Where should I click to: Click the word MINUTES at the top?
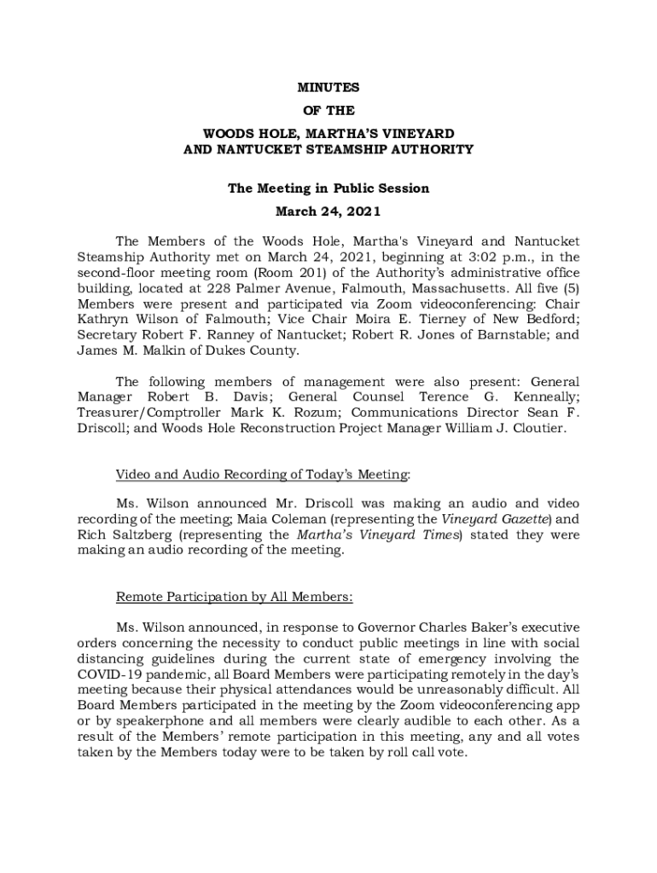[328, 88]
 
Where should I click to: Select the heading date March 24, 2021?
[328, 211]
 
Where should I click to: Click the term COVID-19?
[108, 674]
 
